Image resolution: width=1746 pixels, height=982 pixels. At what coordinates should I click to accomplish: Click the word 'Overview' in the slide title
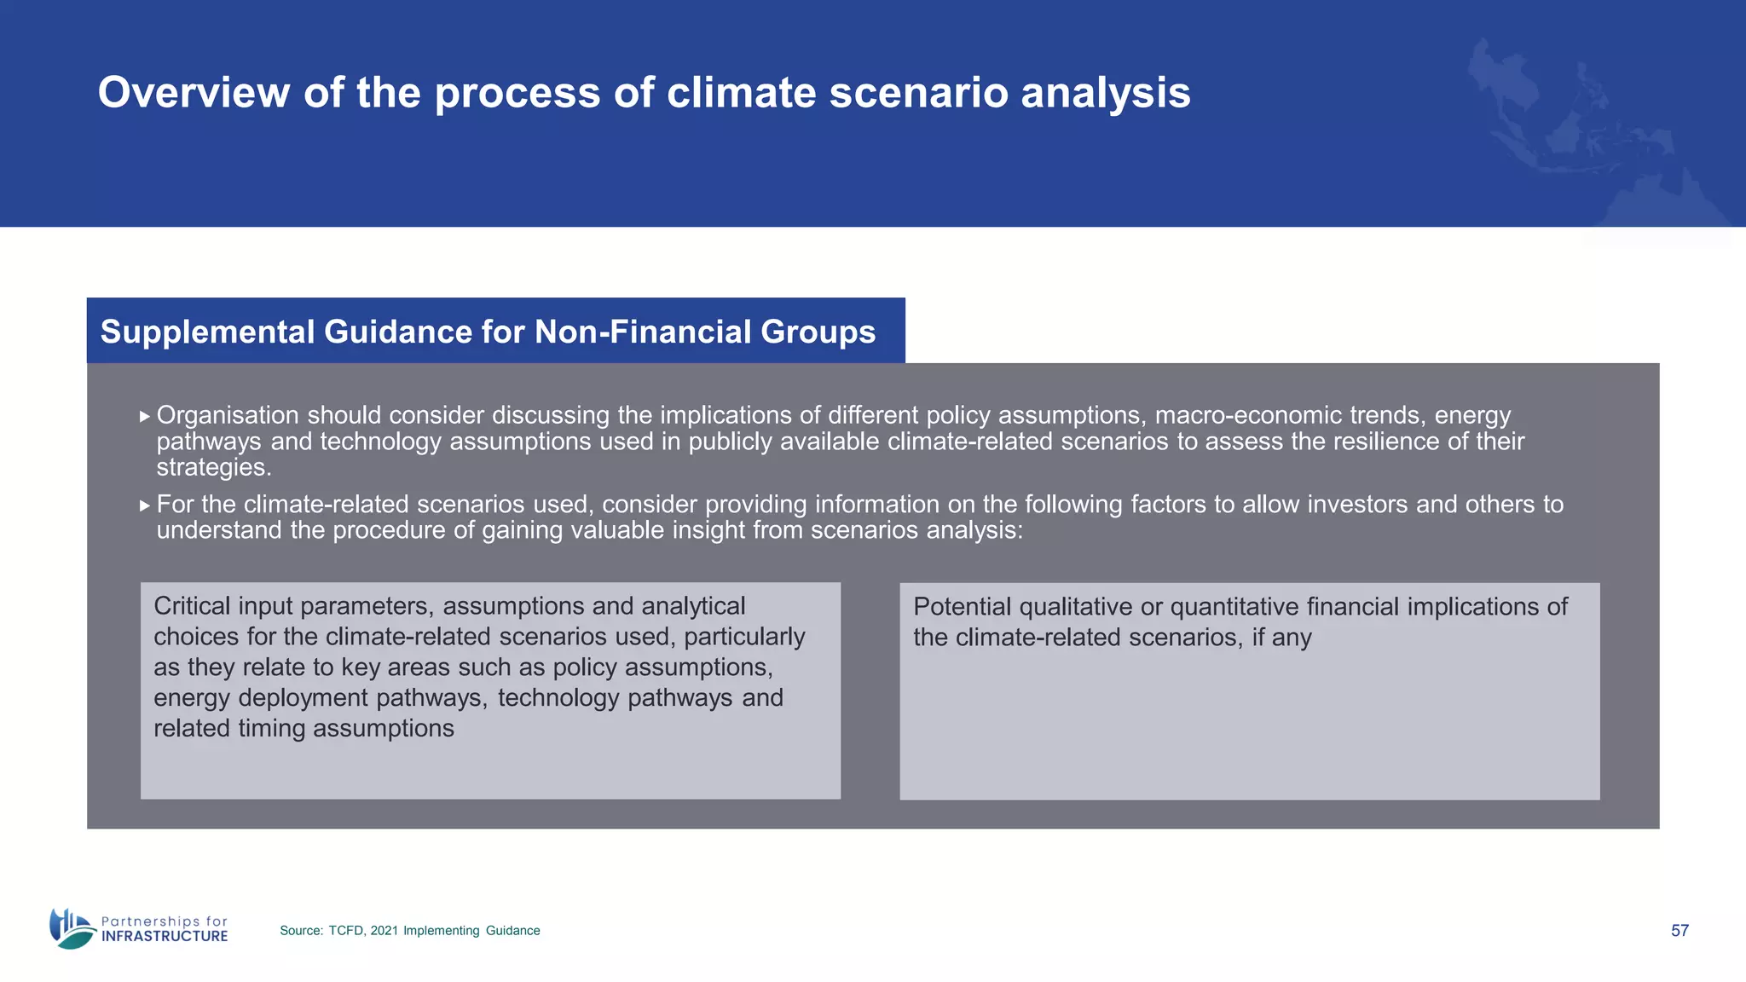click(194, 92)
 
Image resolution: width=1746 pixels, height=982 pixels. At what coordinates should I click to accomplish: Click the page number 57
click(1680, 931)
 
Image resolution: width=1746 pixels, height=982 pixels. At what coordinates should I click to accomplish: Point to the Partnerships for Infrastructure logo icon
click(72, 928)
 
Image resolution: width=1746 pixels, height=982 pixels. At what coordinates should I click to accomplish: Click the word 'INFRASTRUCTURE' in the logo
click(165, 937)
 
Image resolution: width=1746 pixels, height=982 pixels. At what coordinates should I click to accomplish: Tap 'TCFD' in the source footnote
click(346, 931)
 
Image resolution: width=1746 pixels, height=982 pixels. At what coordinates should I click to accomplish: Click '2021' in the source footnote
click(384, 931)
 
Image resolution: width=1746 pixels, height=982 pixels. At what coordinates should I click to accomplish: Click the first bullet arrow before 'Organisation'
click(145, 417)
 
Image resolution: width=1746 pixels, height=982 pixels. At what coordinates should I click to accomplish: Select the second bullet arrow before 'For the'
click(145, 505)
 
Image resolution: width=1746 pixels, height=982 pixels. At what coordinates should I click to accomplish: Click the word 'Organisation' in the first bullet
click(228, 415)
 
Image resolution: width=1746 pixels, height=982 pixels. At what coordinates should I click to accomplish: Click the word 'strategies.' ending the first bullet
click(214, 467)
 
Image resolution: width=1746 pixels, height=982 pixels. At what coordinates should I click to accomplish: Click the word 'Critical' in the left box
click(192, 606)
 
